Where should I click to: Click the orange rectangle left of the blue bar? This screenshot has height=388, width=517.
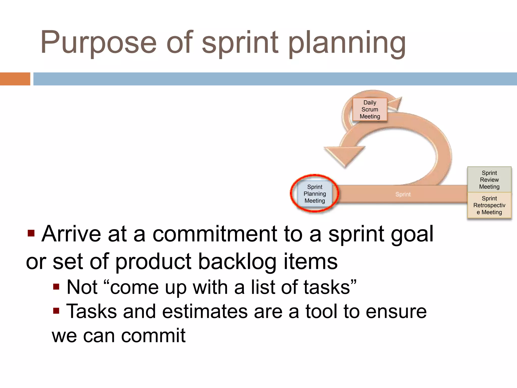pyautogui.click(x=15, y=79)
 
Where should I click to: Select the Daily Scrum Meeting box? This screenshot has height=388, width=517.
pyautogui.click(x=370, y=110)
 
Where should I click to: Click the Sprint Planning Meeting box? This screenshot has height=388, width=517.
pyautogui.click(x=315, y=194)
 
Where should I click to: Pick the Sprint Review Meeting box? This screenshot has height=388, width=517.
pyautogui.click(x=489, y=180)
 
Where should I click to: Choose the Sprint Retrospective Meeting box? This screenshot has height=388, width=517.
pyautogui.click(x=489, y=205)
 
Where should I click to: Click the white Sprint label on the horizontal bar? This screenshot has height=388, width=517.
pyautogui.click(x=403, y=194)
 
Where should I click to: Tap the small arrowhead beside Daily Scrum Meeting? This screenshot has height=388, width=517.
pyautogui.click(x=395, y=104)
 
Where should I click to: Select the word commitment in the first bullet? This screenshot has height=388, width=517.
pyautogui.click(x=215, y=234)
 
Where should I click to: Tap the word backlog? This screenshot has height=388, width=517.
pyautogui.click(x=237, y=262)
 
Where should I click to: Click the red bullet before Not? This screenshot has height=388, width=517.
pyautogui.click(x=56, y=287)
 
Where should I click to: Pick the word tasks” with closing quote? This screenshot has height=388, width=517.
pyautogui.click(x=330, y=287)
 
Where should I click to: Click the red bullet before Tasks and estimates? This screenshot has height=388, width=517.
pyautogui.click(x=56, y=310)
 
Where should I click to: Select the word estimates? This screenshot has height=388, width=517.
pyautogui.click(x=205, y=311)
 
